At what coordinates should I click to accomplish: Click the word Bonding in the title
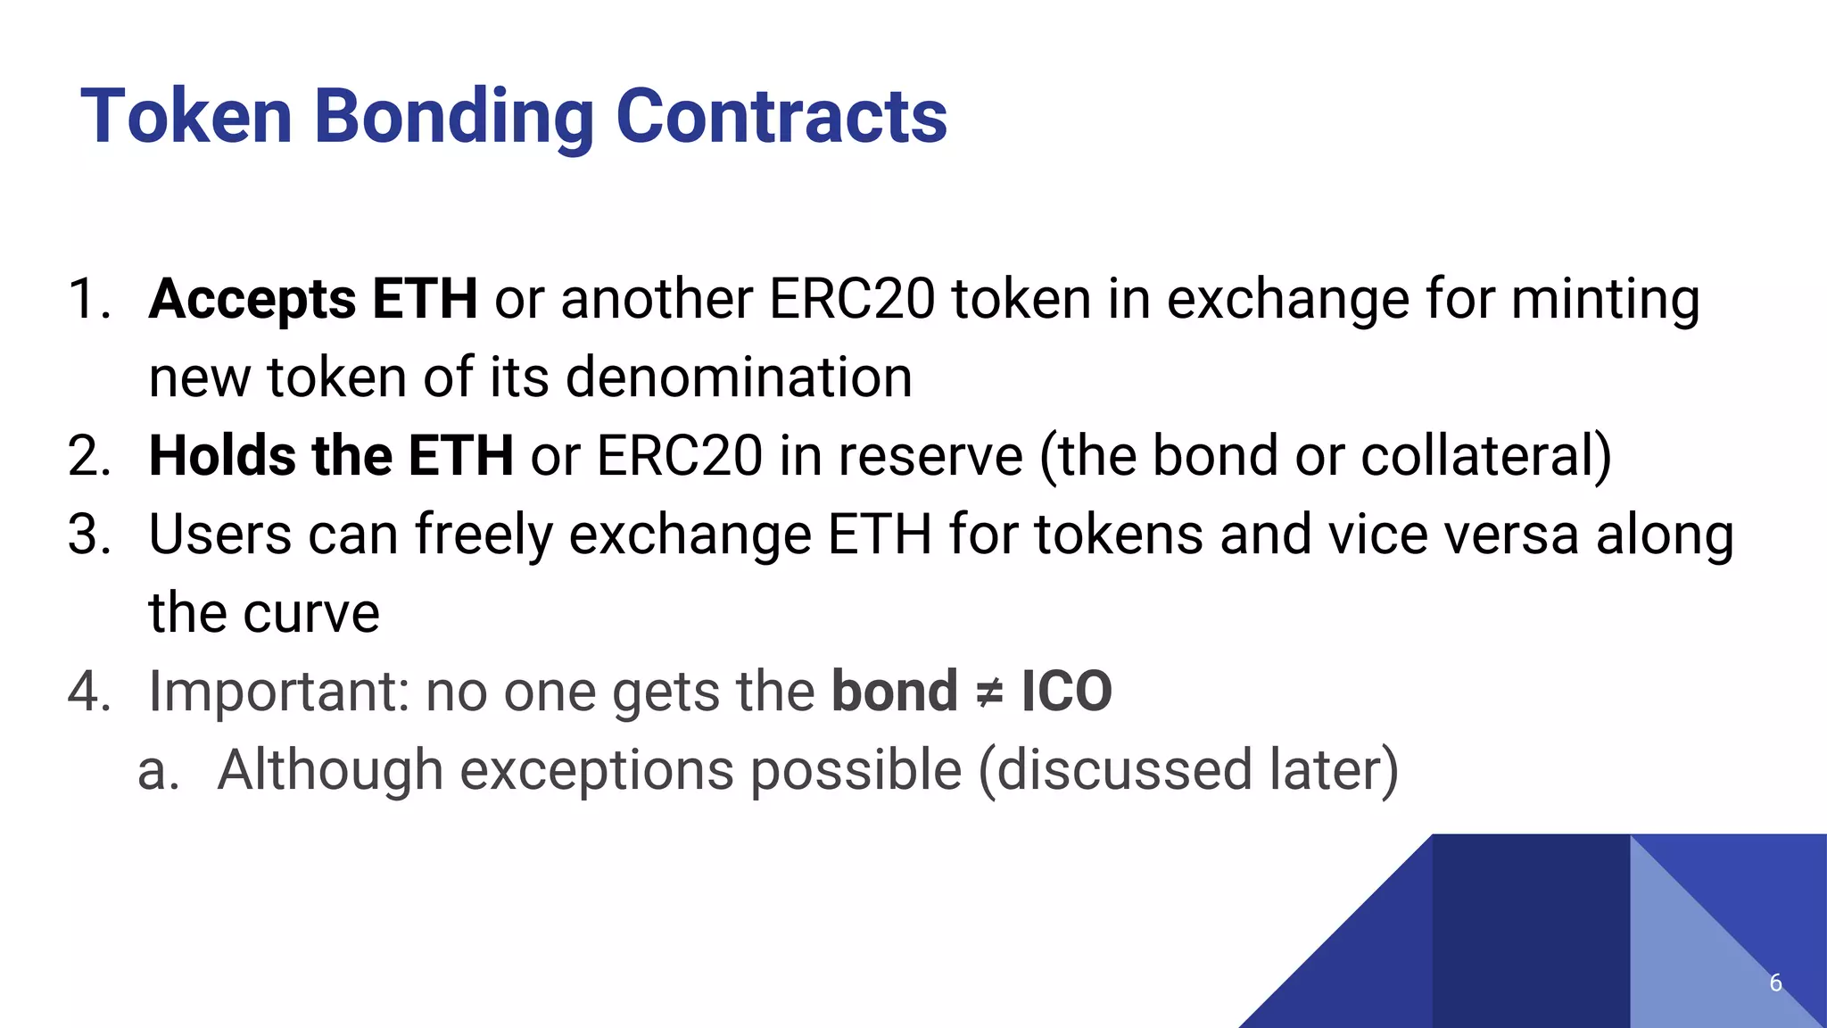[x=453, y=116]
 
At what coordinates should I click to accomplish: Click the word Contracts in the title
[x=781, y=116]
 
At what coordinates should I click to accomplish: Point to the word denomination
[x=739, y=377]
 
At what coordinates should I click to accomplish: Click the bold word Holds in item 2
[x=221, y=456]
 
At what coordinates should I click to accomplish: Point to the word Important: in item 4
[x=278, y=692]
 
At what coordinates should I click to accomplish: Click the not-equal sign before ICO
[x=988, y=692]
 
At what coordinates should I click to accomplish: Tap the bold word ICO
[x=1066, y=692]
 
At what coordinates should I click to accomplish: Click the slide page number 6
[x=1775, y=982]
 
